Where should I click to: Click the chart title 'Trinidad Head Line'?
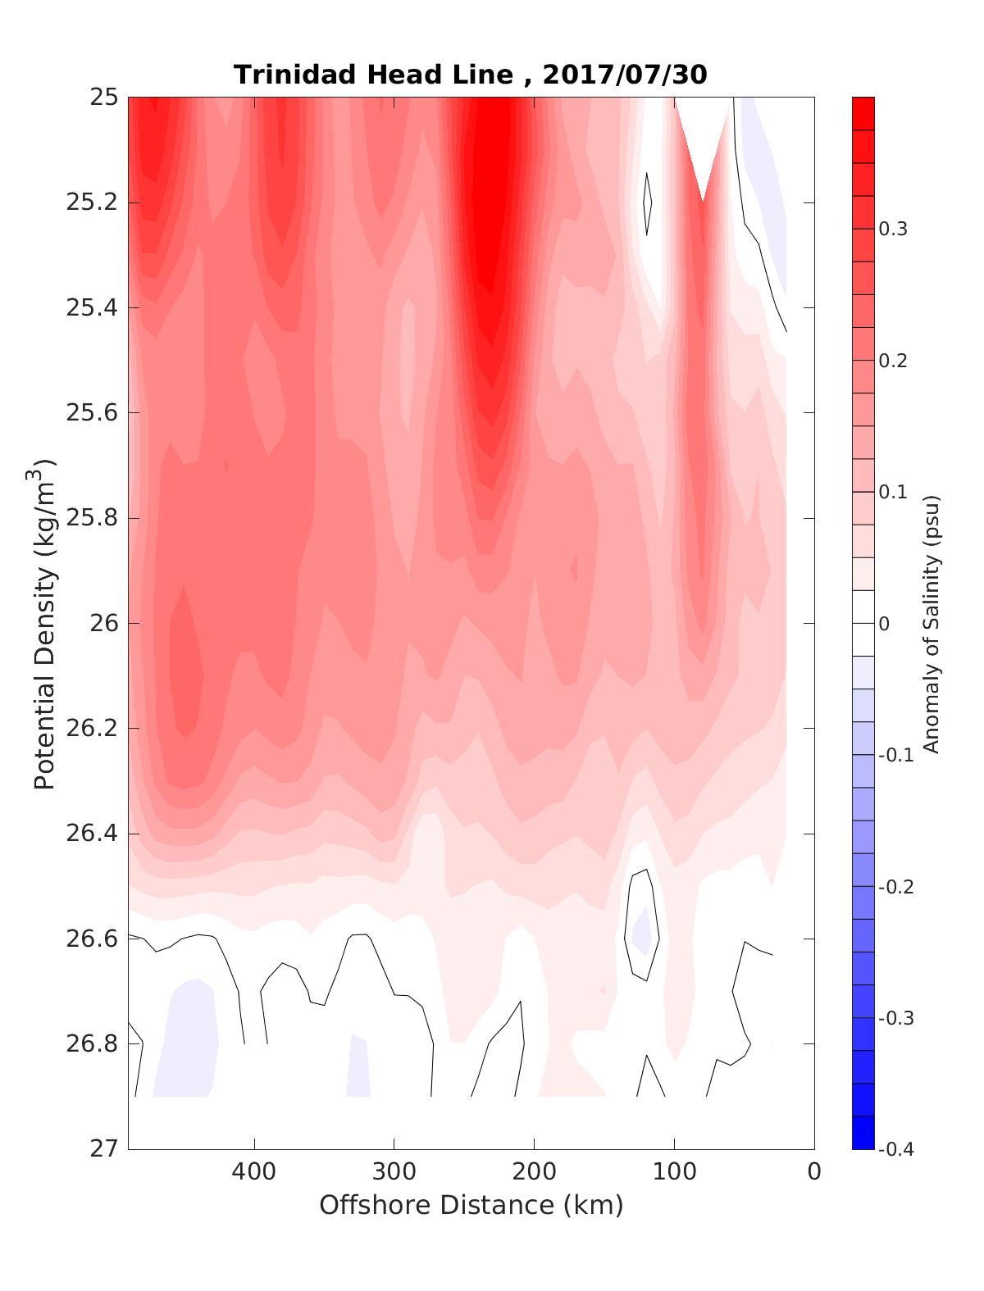tap(373, 75)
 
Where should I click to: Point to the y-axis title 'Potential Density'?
tap(44, 623)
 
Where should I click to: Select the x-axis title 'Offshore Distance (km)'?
tap(471, 1205)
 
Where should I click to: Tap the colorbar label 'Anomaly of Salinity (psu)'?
tap(930, 623)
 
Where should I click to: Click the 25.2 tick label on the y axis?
tap(92, 202)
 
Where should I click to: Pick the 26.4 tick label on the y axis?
tap(92, 834)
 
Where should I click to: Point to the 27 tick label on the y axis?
tap(102, 1148)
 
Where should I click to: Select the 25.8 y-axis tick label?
tap(92, 518)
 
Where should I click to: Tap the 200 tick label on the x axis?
tap(535, 1172)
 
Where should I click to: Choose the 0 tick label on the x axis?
tap(814, 1172)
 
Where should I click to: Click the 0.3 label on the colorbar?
tap(893, 229)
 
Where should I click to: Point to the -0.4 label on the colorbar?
tap(895, 1149)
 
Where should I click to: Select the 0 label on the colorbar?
tap(884, 624)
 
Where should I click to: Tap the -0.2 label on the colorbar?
tap(895, 887)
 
